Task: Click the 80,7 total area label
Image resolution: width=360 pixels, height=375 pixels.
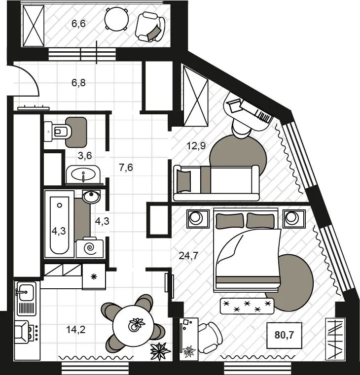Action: tap(284, 335)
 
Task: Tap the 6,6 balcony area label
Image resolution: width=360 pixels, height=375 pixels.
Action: tap(78, 24)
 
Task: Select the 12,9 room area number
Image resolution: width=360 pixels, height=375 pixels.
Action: tap(196, 146)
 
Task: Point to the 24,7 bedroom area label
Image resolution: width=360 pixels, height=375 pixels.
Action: tap(188, 256)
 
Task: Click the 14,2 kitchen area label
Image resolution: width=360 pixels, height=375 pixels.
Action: tap(75, 330)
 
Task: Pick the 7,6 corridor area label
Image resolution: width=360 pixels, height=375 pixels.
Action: tap(126, 168)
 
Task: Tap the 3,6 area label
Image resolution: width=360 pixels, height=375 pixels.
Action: tap(85, 156)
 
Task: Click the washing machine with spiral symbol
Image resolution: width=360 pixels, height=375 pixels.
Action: tap(90, 248)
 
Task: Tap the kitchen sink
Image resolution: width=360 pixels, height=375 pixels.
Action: tap(26, 292)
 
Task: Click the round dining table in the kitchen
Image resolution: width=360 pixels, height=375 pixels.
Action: tap(133, 326)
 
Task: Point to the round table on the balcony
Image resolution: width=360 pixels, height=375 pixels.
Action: tap(116, 19)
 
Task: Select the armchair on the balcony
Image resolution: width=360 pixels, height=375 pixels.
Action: tap(150, 27)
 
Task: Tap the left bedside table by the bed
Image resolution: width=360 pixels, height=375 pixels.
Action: tap(198, 219)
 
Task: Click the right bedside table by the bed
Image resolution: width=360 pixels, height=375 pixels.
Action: tap(294, 219)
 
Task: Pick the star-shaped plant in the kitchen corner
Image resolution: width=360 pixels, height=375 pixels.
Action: tap(160, 351)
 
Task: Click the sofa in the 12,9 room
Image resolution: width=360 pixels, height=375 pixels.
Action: tap(216, 183)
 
